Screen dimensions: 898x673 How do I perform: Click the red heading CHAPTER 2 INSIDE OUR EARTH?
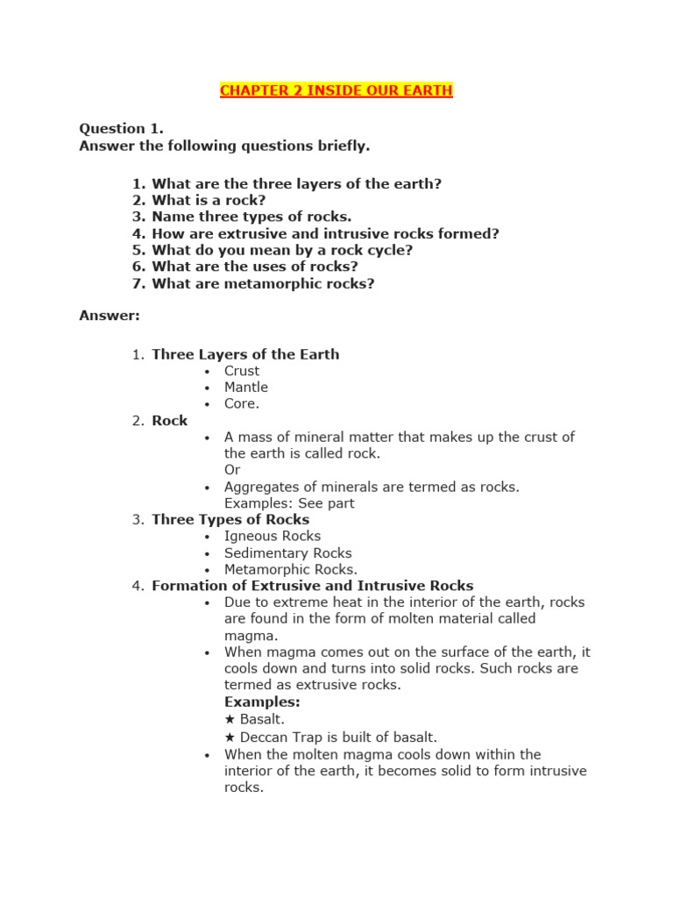336,91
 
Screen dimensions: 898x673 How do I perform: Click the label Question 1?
122,129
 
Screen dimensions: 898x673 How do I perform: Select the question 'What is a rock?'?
209,201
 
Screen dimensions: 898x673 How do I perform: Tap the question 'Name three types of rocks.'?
251,217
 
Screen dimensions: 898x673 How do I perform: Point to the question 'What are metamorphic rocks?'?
263,284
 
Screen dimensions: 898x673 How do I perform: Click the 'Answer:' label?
110,316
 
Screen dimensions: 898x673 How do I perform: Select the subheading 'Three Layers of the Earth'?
245,354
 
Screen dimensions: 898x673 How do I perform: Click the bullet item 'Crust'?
242,371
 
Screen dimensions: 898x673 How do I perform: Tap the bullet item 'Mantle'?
246,388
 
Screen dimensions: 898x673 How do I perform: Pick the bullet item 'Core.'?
242,404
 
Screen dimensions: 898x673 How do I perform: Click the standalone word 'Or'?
232,470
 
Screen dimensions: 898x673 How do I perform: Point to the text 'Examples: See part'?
289,503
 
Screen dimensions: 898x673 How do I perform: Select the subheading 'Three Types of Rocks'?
230,520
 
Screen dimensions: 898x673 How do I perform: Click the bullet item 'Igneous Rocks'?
273,536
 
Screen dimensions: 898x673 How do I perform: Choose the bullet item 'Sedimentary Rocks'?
287,553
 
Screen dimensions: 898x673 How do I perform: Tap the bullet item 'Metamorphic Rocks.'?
291,570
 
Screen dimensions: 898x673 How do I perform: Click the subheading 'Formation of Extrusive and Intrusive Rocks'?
312,586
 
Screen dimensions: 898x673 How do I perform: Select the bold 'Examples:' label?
262,702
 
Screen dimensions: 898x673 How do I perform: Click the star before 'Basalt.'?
230,720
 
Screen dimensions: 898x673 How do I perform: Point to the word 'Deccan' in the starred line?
265,738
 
